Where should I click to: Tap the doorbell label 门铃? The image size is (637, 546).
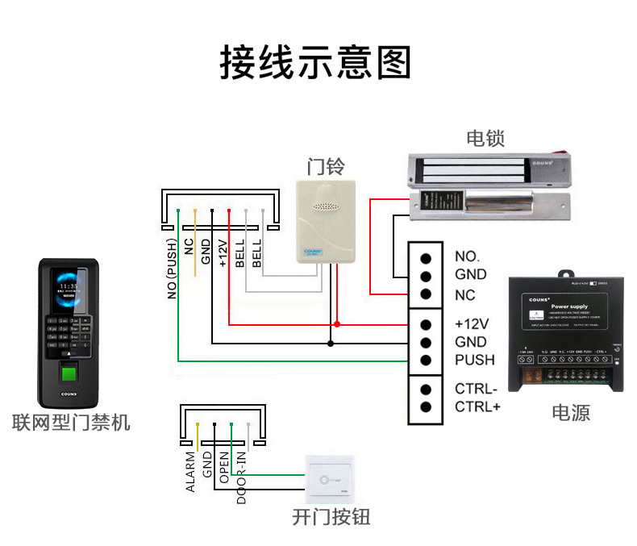pyautogui.click(x=326, y=167)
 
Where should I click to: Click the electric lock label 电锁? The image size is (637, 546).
pyautogui.click(x=485, y=138)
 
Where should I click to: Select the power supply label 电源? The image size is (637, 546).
pyautogui.click(x=570, y=413)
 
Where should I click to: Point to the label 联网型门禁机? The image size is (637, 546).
pyautogui.click(x=71, y=422)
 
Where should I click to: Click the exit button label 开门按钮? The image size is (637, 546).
pyautogui.click(x=331, y=517)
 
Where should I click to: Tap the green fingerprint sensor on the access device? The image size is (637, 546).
pyautogui.click(x=70, y=376)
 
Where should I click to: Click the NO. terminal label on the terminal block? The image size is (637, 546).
pyautogui.click(x=467, y=256)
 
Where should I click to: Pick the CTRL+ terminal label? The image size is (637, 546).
pyautogui.click(x=477, y=406)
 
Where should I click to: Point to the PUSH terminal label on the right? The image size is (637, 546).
pyautogui.click(x=474, y=360)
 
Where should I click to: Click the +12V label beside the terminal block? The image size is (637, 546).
pyautogui.click(x=472, y=324)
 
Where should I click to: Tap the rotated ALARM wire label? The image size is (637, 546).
pyautogui.click(x=190, y=473)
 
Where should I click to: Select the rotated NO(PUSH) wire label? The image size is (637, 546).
pyautogui.click(x=172, y=269)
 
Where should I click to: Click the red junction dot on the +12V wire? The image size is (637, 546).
pyautogui.click(x=337, y=324)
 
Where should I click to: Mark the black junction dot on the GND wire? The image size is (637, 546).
pyautogui.click(x=331, y=344)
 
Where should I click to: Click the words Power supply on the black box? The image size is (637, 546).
pyautogui.click(x=568, y=307)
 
